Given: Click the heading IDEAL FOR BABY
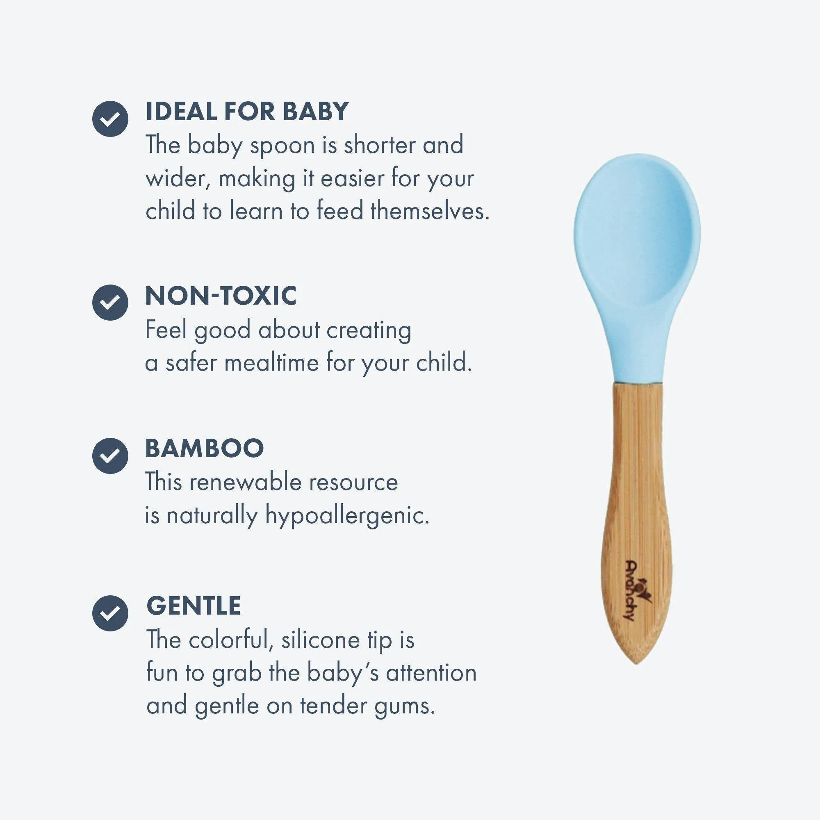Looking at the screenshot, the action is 247,111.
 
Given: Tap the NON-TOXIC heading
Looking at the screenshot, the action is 221,296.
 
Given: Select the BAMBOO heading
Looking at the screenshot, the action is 205,448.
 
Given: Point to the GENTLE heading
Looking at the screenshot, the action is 194,606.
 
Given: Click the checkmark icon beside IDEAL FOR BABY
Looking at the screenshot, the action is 110,119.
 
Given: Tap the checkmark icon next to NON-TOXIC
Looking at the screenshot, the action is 110,302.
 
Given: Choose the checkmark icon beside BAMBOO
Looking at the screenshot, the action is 110,456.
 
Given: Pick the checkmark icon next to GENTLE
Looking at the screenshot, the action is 110,613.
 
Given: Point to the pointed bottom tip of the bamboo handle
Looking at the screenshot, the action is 636,664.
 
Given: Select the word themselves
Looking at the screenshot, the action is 430,211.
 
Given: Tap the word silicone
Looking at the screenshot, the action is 321,640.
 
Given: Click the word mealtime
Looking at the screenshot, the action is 272,363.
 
